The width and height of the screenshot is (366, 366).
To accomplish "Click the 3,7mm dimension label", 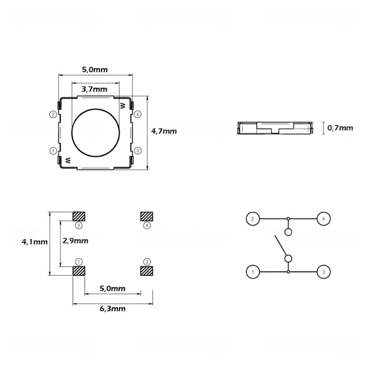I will [x=95, y=89].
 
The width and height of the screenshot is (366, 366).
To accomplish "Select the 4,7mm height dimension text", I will [x=164, y=131].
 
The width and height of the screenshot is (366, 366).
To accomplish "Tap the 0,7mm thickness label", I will [x=341, y=128].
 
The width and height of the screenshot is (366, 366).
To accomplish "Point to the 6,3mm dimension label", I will [x=112, y=308].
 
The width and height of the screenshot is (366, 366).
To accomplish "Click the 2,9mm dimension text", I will [x=75, y=241].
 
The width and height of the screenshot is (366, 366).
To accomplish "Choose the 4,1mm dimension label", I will [x=35, y=241].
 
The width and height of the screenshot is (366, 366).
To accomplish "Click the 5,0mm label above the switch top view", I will [x=95, y=69].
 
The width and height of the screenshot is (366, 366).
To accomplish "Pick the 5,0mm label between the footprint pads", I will [x=112, y=289].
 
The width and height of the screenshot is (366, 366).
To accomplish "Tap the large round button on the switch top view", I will [x=96, y=134].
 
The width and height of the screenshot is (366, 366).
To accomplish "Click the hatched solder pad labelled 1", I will [x=78, y=271].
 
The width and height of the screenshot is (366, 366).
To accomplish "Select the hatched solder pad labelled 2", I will [x=79, y=216].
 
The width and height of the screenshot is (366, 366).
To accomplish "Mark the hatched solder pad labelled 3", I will [x=147, y=271].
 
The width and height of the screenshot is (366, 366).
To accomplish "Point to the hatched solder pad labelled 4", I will [x=147, y=216].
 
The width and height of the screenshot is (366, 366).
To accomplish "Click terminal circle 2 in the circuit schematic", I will [x=253, y=219].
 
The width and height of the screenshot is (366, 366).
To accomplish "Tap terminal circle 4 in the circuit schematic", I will [x=323, y=219].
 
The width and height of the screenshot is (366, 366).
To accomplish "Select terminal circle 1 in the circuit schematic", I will [x=253, y=272].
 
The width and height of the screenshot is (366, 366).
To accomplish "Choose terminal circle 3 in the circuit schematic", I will [x=323, y=272].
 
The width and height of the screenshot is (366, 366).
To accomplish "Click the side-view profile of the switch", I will [x=275, y=128].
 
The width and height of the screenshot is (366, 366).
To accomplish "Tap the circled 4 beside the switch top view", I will [x=137, y=114].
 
